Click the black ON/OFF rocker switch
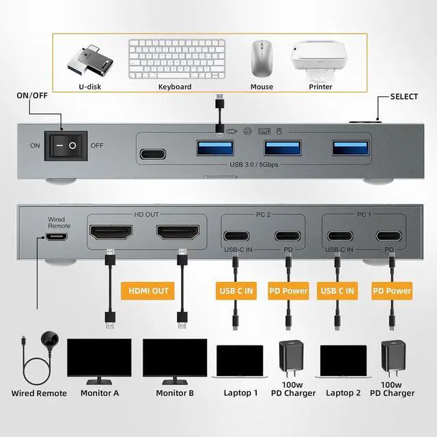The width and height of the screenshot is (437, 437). [x=66, y=145]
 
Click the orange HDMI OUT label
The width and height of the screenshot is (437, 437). [x=148, y=291]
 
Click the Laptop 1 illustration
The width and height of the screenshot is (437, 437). [x=240, y=361]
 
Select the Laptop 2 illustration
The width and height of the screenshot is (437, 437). [x=343, y=361]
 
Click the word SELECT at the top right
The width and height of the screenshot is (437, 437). [x=404, y=96]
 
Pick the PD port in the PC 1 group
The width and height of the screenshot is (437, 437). [x=391, y=237]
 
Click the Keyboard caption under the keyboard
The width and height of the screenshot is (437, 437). [x=175, y=87]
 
